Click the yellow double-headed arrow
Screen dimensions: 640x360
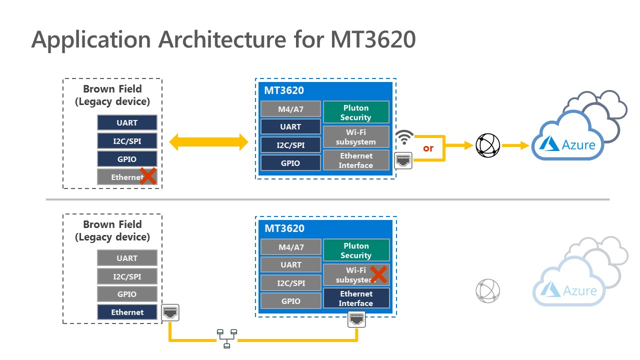(x=208, y=142)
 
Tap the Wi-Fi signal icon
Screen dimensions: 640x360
(x=404, y=137)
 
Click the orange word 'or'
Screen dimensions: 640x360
(x=428, y=148)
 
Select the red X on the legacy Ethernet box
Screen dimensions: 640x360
(x=148, y=176)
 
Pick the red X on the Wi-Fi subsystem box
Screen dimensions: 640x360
(x=378, y=275)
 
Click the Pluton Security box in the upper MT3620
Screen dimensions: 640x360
(x=356, y=112)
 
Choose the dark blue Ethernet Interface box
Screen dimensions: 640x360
(x=356, y=298)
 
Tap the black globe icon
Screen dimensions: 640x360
(x=487, y=145)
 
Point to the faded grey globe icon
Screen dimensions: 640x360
(x=487, y=291)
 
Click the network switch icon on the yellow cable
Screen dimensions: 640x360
(x=227, y=339)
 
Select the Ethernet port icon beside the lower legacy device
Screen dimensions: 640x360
(x=170, y=312)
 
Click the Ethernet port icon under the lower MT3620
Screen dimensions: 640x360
(x=356, y=319)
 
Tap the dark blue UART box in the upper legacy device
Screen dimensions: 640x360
(x=127, y=122)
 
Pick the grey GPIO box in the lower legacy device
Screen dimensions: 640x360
(x=127, y=294)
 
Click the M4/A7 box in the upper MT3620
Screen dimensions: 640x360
(x=291, y=109)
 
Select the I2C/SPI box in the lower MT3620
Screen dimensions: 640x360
(x=291, y=283)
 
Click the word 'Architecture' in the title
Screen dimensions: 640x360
(x=222, y=39)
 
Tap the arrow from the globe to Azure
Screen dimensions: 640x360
(x=515, y=145)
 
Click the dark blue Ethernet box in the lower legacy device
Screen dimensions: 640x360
(x=127, y=312)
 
